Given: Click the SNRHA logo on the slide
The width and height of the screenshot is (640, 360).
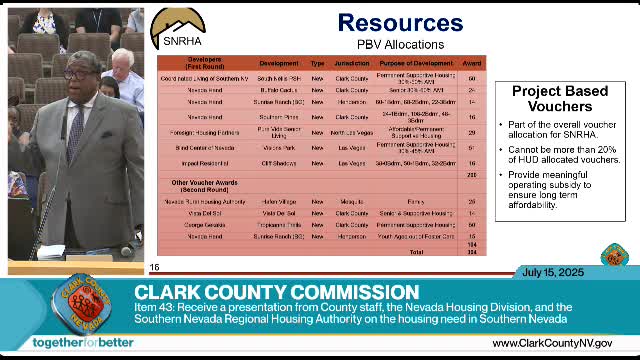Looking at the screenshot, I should (174, 30).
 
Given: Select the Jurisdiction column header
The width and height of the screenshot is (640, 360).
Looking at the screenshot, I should (352, 62).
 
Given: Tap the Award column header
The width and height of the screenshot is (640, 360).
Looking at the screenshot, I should (472, 62).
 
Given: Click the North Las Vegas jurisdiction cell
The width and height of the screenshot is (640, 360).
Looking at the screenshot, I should (352, 131).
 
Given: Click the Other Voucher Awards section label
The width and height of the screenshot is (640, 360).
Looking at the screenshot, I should (197, 186).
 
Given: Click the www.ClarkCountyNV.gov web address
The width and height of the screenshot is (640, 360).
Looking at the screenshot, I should (552, 343).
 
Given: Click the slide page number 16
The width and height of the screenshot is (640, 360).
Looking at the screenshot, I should (154, 267).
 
